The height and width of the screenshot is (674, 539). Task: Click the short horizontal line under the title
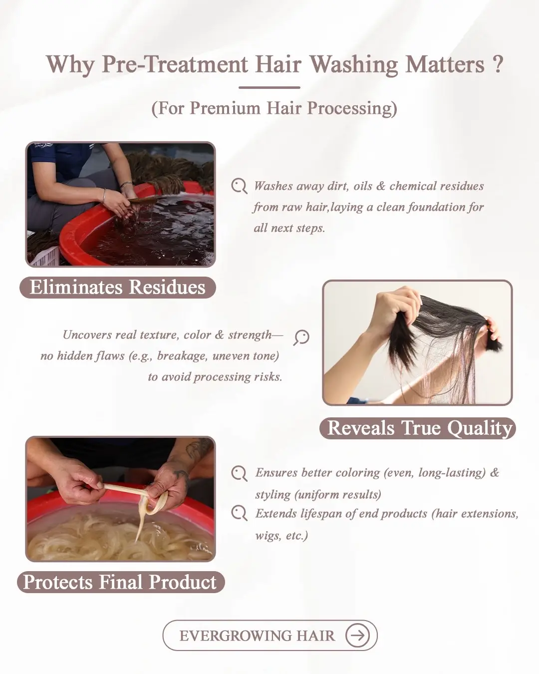pos(269,88)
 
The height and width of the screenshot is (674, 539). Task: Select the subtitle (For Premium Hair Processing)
pos(274,108)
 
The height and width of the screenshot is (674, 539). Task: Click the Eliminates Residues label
pos(117,287)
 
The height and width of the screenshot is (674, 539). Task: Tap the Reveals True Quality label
pos(418,428)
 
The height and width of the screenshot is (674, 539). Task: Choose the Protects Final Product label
pos(121,582)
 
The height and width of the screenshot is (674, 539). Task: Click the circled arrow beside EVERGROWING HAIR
pos(357,636)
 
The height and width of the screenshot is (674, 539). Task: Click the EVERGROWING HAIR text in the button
pos(257,636)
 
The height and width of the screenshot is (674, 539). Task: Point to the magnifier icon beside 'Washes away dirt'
pos(239,186)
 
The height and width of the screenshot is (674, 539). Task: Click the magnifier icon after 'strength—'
pos(301,337)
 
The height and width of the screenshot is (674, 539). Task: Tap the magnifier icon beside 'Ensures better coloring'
pos(239,473)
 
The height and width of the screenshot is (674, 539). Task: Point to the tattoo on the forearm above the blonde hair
pos(197,450)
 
